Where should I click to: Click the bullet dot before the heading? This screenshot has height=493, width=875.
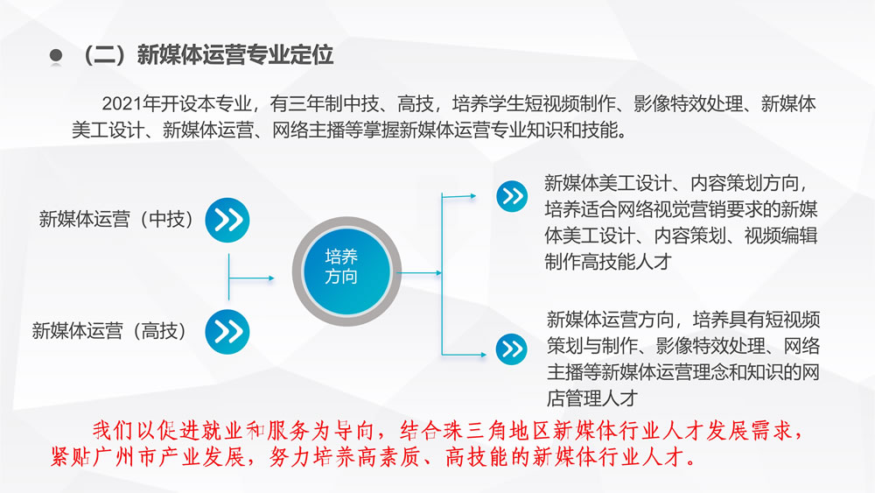click(56, 54)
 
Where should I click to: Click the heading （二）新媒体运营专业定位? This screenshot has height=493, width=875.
click(208, 54)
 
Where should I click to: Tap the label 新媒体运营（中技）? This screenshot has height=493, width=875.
click(116, 219)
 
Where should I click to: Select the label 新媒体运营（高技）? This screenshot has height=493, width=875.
click(109, 330)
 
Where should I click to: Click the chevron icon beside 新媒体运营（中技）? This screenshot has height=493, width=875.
click(227, 220)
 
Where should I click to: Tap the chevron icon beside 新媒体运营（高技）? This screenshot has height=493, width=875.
click(227, 332)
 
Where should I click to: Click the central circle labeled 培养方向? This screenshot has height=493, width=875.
click(346, 271)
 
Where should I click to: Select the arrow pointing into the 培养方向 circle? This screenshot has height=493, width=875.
click(252, 278)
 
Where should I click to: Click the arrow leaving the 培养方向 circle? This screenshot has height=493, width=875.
click(419, 273)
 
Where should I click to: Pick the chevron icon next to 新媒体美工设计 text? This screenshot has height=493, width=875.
click(512, 196)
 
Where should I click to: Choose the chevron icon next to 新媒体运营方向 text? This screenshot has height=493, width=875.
click(511, 349)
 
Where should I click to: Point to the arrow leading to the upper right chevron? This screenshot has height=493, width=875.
click(458, 196)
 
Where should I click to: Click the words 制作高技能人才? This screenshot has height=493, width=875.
click(607, 261)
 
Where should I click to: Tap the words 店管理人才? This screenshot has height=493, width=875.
click(592, 398)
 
